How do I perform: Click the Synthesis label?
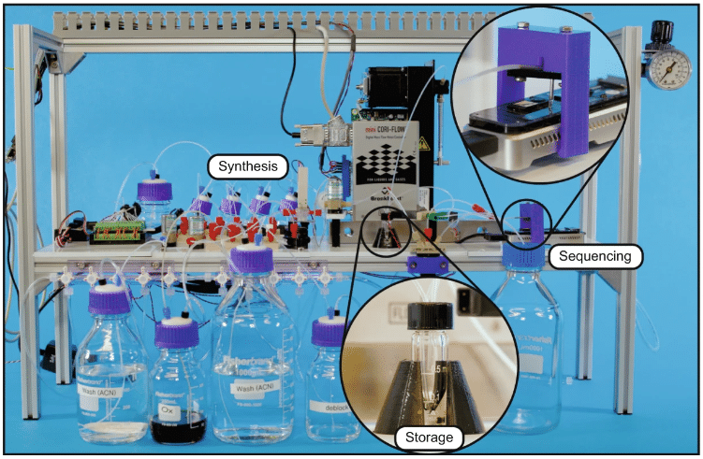click(x=248, y=167)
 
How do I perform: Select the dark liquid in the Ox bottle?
click(x=178, y=427)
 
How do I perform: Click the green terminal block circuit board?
click(x=113, y=228)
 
